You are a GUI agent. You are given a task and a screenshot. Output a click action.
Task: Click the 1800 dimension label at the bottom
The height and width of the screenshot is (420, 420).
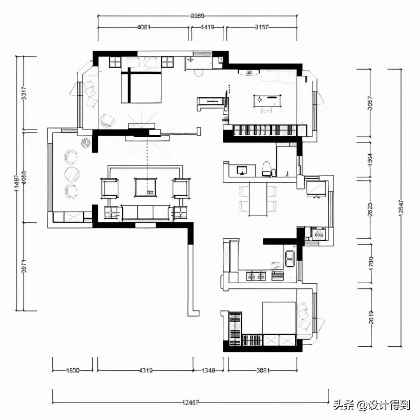coord(73,370)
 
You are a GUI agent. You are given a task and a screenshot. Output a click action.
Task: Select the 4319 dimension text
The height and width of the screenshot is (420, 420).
coord(145,370)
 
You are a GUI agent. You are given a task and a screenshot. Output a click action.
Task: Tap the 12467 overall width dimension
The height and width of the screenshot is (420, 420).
coord(190,403)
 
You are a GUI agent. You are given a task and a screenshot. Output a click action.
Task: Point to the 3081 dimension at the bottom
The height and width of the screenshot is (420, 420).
coord(262,370)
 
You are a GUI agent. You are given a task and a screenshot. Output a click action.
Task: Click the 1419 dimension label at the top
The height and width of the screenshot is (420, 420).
coord(207,27)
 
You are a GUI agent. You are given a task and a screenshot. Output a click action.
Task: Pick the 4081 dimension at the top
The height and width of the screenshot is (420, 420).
coord(144,27)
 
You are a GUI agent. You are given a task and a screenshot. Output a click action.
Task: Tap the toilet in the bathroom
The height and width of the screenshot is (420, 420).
coord(266,168)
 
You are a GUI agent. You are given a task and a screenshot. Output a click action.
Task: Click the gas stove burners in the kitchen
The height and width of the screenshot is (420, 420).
coord(256,277)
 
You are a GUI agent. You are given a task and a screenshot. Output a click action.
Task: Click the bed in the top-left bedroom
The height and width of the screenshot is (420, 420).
coord(141,87)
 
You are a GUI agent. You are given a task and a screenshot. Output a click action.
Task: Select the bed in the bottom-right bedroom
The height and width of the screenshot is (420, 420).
coord(279,318)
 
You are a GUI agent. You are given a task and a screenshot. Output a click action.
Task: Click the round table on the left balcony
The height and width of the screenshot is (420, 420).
coord(72,174)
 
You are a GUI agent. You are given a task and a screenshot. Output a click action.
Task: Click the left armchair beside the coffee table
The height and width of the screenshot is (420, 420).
coord(110,187)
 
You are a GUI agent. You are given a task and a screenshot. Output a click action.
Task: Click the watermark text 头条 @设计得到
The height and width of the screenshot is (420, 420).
coord(371,405)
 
